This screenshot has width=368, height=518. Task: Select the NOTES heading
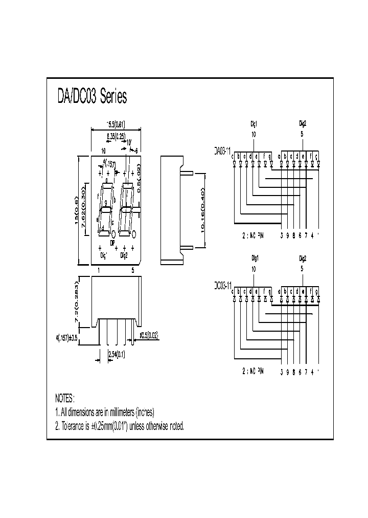(65, 398)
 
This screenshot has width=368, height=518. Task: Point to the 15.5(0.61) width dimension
(116, 124)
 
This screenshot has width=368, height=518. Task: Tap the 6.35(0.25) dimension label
(117, 135)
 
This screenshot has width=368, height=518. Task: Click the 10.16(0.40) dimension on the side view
(202, 210)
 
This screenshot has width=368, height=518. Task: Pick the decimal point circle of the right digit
(133, 235)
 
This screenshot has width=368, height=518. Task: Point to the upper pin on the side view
(187, 174)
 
